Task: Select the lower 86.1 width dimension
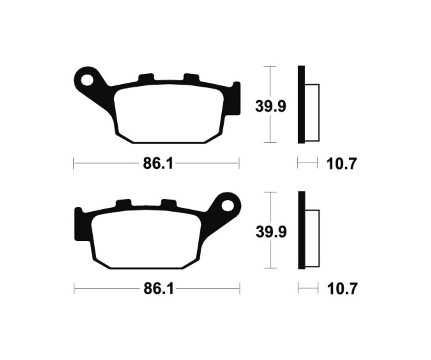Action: (x=157, y=289)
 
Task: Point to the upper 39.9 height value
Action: (x=271, y=106)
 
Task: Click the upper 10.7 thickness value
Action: (x=342, y=164)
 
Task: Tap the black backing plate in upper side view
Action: (x=301, y=104)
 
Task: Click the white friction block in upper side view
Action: (x=311, y=112)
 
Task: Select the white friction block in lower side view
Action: (x=312, y=238)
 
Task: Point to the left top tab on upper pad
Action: (x=146, y=78)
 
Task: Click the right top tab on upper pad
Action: (x=192, y=78)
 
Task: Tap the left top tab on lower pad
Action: (x=123, y=203)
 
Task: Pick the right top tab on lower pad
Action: (x=169, y=203)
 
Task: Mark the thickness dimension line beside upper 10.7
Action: (x=307, y=164)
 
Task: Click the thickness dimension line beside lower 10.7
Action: (x=308, y=289)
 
